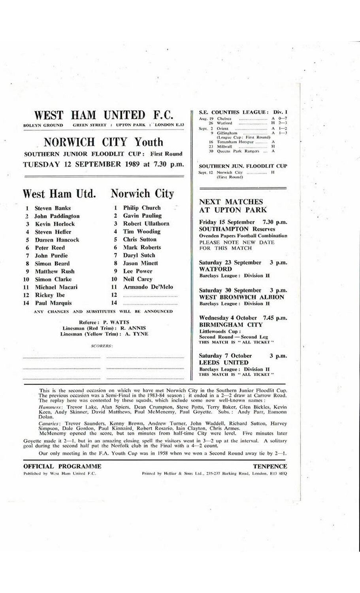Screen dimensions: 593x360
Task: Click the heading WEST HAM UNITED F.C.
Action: (104, 115)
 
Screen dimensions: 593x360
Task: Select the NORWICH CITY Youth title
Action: (103, 142)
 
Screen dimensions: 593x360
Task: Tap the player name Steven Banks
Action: (53, 208)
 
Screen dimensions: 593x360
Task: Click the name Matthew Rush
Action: (55, 272)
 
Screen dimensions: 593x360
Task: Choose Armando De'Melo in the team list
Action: (148, 287)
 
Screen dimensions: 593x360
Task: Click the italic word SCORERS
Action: (102, 346)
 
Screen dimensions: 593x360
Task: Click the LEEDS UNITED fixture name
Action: (224, 363)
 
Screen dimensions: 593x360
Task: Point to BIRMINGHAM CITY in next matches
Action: (231, 325)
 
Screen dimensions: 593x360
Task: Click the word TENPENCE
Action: (270, 466)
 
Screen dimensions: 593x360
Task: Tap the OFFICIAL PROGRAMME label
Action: (62, 466)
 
